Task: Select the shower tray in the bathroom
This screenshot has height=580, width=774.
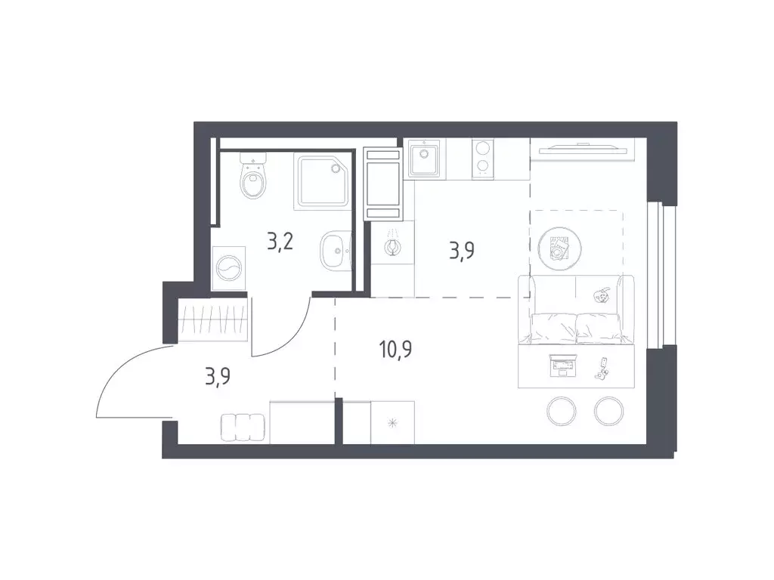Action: point(322,180)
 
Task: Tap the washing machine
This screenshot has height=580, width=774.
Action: point(229,268)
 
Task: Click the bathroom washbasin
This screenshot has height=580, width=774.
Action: point(336,251)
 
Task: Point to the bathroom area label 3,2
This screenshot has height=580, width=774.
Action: point(280,242)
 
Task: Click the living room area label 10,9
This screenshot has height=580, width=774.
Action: point(395,349)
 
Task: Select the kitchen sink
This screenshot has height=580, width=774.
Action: point(424,158)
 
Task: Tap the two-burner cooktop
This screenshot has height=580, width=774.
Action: point(483,158)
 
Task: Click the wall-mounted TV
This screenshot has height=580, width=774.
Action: point(583,147)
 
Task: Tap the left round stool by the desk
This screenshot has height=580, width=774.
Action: point(562,411)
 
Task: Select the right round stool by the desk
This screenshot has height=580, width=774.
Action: point(609,411)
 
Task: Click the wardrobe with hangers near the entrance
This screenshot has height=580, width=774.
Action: point(212,320)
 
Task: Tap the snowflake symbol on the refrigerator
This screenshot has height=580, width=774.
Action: point(393,423)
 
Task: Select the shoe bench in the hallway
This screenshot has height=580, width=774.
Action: point(243,427)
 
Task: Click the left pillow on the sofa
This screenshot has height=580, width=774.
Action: point(553,328)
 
